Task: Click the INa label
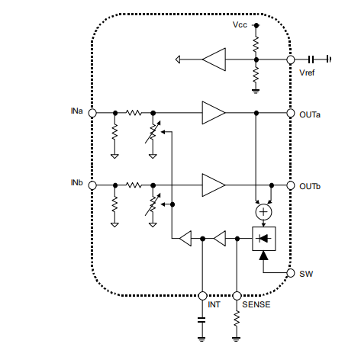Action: point(76,111)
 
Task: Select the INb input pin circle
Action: point(92,185)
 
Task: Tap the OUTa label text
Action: point(310,114)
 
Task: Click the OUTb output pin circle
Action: point(291,185)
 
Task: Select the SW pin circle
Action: point(291,273)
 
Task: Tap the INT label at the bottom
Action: point(214,305)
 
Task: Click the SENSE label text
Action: point(255,305)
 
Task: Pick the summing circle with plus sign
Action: point(263,211)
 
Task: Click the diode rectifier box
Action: point(263,239)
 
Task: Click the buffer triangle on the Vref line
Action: point(214,59)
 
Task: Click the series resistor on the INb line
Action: point(134,185)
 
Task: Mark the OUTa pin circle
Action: point(291,113)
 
